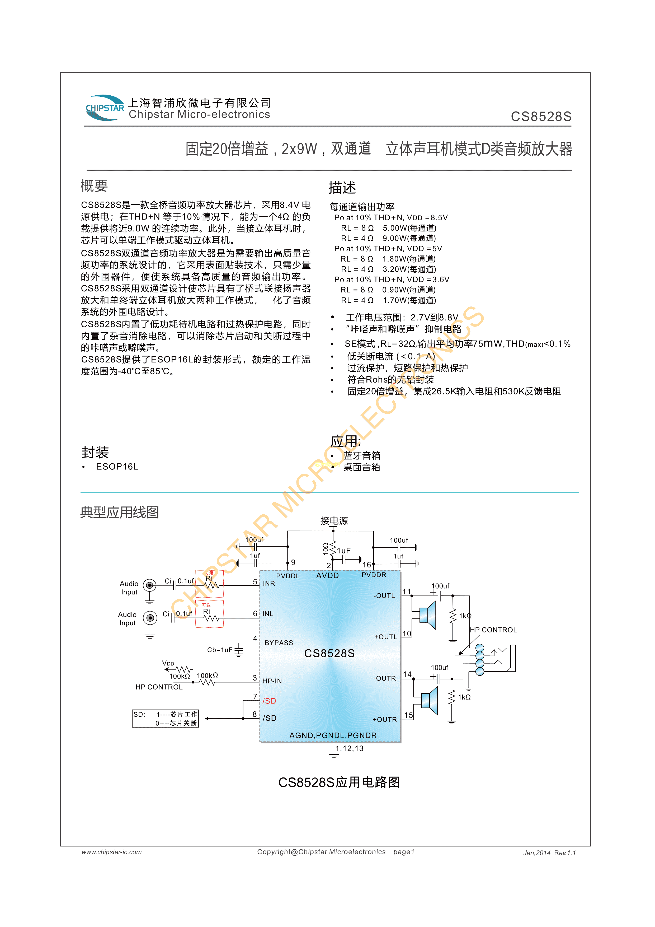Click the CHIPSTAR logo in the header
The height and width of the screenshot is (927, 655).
105,108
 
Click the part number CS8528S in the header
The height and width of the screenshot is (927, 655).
541,117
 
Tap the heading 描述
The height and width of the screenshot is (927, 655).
342,188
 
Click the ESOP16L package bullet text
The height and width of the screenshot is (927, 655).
117,467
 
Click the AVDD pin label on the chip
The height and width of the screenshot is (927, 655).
327,575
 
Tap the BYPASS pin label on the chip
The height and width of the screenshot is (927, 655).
279,643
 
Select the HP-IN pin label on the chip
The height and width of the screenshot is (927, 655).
272,681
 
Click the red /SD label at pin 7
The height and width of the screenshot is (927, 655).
269,701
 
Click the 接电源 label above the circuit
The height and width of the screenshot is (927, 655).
334,521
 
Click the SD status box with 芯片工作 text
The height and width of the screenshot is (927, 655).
166,718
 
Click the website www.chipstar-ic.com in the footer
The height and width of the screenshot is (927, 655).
111,852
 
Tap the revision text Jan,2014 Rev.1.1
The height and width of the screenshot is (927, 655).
549,853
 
